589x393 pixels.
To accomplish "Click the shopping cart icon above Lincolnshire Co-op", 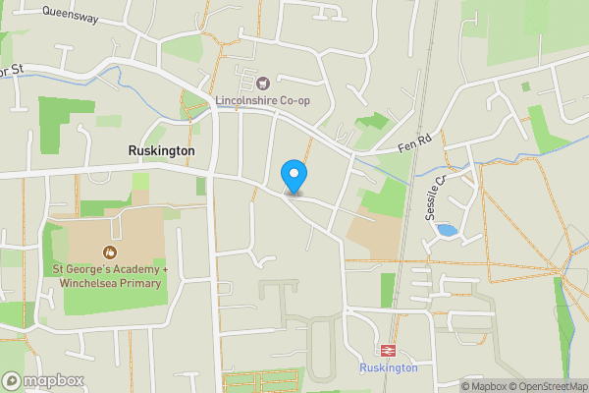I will point(262,81).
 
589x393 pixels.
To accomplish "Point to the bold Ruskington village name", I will point(161,150).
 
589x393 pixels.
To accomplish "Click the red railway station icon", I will point(387,350).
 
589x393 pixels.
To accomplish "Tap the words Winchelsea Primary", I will point(109,283).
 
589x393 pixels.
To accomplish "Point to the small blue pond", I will point(446,230).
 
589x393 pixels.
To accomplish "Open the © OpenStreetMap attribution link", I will point(550,386).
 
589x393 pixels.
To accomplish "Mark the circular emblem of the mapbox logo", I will point(12,381).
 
